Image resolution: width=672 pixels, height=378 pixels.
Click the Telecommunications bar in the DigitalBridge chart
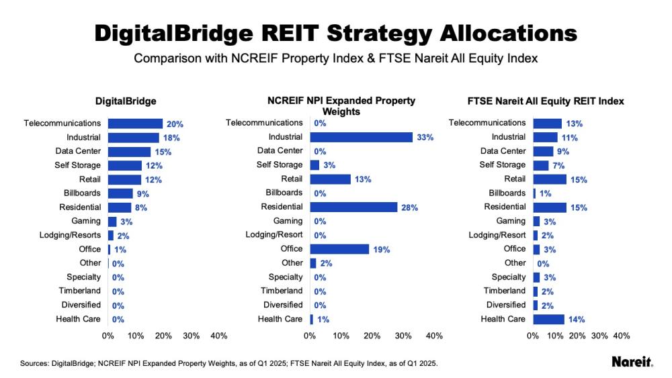point(135,124)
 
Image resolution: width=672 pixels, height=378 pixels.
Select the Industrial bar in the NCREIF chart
point(361,137)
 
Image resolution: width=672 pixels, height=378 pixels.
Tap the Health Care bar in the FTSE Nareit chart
point(548,320)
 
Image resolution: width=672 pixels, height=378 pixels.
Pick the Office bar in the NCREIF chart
point(339,249)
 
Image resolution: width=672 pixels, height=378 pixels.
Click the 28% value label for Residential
point(410,208)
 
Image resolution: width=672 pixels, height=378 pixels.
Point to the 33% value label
point(425,138)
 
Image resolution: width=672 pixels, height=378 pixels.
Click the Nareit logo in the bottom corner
point(632,363)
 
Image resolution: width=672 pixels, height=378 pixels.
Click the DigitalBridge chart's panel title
point(126,101)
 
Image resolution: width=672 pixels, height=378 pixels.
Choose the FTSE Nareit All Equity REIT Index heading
point(546,101)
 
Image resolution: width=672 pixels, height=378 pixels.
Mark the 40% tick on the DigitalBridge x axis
point(219,336)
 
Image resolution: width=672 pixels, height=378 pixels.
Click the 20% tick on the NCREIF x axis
point(372,336)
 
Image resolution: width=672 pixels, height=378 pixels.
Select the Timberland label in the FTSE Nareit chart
point(505,291)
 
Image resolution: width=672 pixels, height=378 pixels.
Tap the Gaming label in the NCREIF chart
point(288,221)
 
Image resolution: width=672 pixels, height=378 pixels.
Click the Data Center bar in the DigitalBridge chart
point(129,152)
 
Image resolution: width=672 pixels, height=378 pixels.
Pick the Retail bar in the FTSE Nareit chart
point(550,179)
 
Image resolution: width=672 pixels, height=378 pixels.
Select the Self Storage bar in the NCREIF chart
point(314,165)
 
